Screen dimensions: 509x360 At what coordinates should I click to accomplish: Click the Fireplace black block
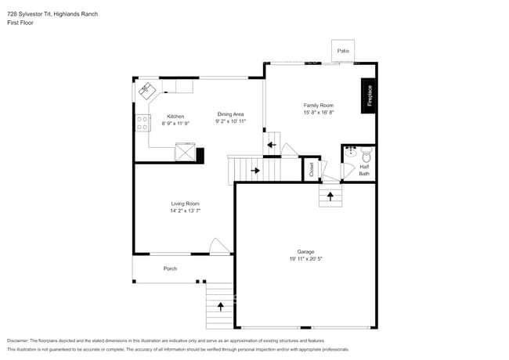368,95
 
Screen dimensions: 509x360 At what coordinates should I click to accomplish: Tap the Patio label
343,51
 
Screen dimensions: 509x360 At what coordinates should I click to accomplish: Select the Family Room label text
319,105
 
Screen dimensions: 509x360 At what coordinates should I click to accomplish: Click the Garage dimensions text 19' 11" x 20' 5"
305,259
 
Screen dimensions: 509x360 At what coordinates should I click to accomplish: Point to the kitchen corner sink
147,90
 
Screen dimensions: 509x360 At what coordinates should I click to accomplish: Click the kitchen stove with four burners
143,123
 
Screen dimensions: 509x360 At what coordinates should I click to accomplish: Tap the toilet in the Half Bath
366,155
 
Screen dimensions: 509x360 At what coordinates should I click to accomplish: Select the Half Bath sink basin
351,152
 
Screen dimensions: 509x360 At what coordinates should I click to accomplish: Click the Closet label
312,169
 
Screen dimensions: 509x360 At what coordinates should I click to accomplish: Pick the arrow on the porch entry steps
220,307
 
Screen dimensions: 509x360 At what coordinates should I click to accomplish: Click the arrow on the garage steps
330,196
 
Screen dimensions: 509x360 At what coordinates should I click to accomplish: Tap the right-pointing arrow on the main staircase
255,171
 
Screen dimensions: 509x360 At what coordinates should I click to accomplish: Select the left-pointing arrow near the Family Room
272,145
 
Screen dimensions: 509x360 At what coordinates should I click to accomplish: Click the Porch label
170,268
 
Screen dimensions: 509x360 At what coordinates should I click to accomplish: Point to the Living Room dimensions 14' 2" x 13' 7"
186,211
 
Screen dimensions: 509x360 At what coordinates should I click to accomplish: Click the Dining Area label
230,114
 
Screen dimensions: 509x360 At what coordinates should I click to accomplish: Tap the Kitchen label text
175,117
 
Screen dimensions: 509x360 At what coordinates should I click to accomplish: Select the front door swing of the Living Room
219,247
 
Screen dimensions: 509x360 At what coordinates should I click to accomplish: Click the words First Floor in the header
20,23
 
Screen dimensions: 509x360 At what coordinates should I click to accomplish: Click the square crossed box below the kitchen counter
185,152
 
